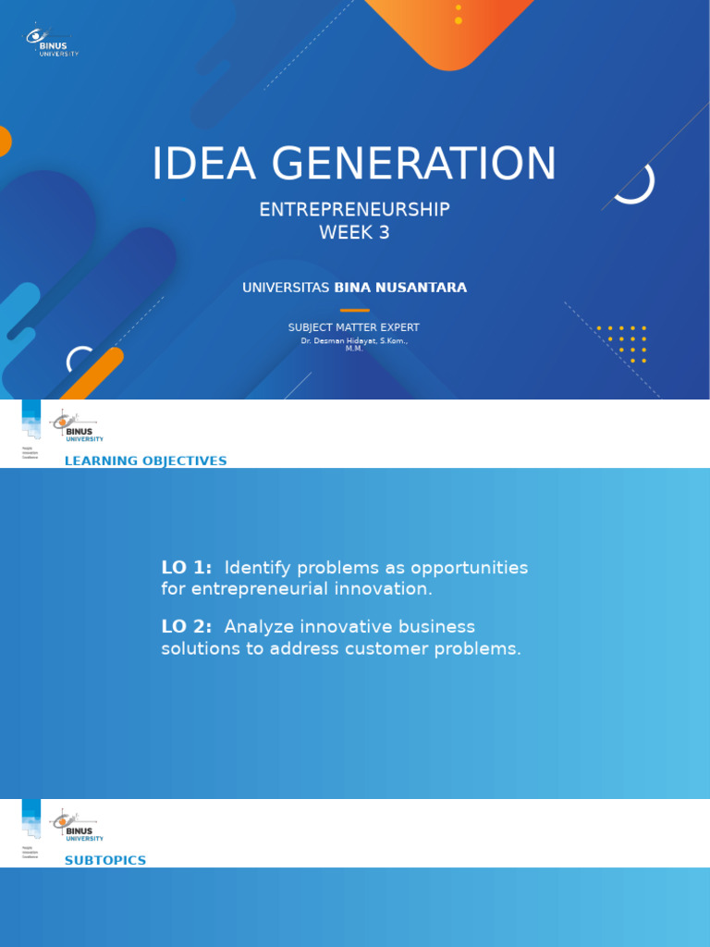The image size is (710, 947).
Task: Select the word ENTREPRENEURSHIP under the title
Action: coord(354,210)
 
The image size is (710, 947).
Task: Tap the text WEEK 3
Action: coord(354,233)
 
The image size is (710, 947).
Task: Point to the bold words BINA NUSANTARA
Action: coord(400,288)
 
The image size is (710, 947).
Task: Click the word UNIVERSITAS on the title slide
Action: coord(286,288)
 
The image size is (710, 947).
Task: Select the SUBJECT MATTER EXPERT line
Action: coord(354,327)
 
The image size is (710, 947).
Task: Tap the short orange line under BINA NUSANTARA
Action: coord(354,311)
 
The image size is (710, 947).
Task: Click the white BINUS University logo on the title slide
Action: coord(52,41)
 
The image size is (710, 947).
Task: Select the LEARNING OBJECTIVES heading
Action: coord(145,461)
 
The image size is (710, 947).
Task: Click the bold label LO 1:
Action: coord(187,568)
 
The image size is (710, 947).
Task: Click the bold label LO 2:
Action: coord(187,627)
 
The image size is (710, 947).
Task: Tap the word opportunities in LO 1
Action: coord(470,568)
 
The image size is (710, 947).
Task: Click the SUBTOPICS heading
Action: coord(105,860)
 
